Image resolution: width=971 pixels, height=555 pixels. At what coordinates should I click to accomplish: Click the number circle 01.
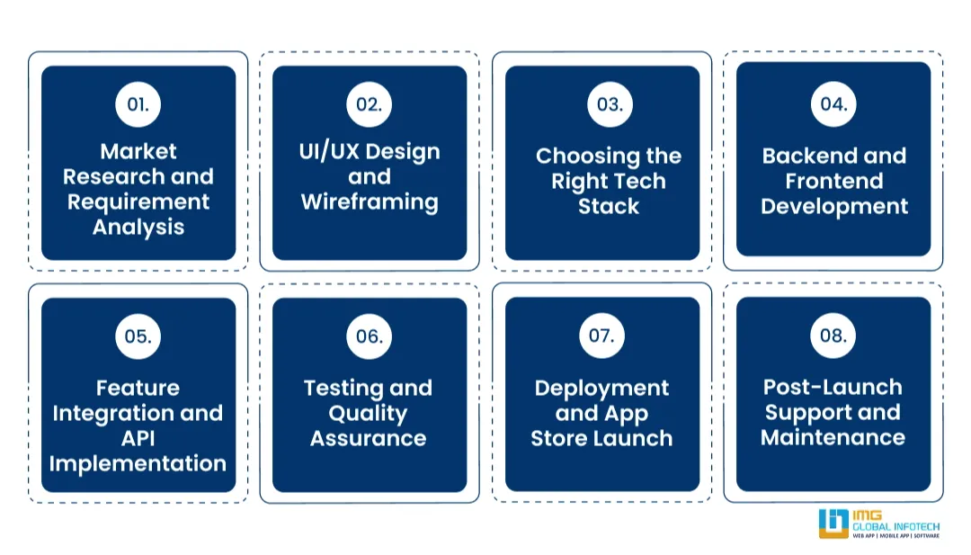[x=138, y=104]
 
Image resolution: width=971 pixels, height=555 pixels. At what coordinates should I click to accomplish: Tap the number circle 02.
[x=369, y=104]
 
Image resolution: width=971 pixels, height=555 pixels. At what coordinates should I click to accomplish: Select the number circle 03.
[x=610, y=104]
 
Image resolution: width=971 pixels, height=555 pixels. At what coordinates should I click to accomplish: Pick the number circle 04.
[x=833, y=104]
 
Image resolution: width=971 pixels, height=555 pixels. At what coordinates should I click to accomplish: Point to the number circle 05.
[x=138, y=336]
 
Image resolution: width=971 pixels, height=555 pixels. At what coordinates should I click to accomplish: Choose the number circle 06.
[x=369, y=336]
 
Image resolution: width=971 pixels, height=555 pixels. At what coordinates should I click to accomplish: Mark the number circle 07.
[x=601, y=336]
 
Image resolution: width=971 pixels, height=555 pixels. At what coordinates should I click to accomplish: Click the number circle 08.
[x=833, y=336]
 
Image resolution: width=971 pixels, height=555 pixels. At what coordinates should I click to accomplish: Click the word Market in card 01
[x=138, y=151]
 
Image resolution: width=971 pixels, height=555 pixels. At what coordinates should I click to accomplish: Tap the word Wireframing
[x=370, y=202]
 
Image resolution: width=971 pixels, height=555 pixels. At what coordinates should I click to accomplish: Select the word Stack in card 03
[x=609, y=206]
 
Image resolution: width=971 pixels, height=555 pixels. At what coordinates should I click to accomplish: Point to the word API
[x=138, y=438]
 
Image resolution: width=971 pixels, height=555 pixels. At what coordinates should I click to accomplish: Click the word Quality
[x=368, y=414]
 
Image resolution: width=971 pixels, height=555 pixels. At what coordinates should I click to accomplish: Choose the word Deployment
[x=601, y=389]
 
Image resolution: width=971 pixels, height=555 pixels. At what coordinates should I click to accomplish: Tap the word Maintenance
[x=833, y=438]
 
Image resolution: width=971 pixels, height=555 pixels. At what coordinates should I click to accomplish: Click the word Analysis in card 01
[x=138, y=227]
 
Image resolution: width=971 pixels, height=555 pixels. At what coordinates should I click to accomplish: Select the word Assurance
[x=368, y=438]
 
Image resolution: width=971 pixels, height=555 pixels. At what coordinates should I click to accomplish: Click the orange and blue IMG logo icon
[x=833, y=524]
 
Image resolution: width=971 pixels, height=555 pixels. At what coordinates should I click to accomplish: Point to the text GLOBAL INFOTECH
[x=895, y=526]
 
